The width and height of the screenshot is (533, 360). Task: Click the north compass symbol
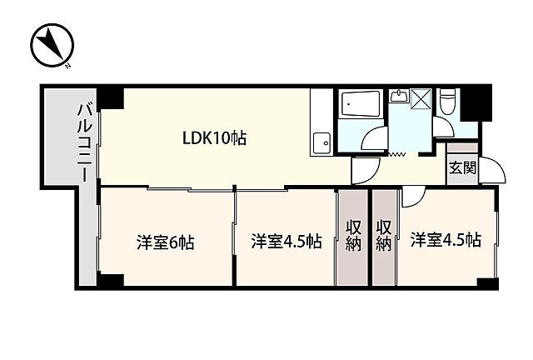[x=52, y=45]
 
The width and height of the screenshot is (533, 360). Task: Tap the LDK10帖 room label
[x=215, y=138]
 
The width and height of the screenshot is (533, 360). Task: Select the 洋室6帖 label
[x=166, y=242]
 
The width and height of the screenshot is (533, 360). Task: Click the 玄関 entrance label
[x=462, y=167]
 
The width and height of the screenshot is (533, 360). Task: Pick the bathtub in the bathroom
[x=361, y=104]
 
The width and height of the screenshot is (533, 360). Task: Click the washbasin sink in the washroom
[x=398, y=96]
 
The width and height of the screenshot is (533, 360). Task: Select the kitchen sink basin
[x=321, y=143]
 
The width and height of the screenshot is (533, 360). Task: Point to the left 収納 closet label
[x=353, y=236]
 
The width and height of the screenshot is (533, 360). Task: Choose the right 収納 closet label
[x=384, y=236]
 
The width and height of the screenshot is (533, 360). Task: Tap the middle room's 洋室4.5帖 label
[x=286, y=241]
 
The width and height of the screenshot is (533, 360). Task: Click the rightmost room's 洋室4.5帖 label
[x=446, y=240]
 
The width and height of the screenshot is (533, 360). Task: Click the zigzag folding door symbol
[x=396, y=155]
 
